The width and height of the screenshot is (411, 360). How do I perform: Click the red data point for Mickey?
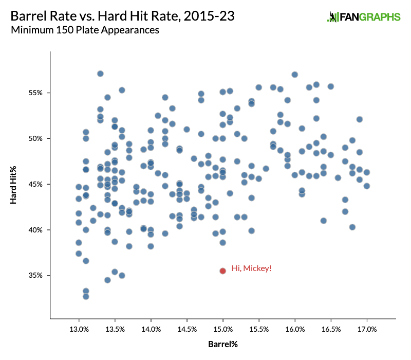[x=222, y=271]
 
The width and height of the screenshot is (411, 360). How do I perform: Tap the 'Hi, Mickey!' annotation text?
[x=251, y=268]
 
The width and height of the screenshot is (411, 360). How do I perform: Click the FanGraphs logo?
[x=364, y=17]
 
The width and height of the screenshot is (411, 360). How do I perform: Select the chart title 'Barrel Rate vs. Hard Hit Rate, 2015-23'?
[x=123, y=16]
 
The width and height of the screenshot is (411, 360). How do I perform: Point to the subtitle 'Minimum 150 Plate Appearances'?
[x=85, y=30]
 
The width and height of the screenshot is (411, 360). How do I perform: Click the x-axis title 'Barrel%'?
[x=222, y=343]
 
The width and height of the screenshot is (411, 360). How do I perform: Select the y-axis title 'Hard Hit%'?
[x=15, y=185]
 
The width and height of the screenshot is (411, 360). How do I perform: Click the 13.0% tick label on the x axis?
[x=79, y=328]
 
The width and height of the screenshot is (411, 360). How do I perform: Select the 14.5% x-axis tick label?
[x=186, y=328]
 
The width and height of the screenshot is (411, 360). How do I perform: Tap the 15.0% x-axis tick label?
[x=222, y=328]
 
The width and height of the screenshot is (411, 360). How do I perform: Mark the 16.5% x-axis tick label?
[x=331, y=328]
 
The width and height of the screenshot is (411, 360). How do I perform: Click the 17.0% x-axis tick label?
[x=367, y=328]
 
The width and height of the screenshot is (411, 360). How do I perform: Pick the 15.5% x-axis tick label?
[x=258, y=328]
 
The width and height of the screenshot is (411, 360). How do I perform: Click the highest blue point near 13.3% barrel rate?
[x=100, y=74]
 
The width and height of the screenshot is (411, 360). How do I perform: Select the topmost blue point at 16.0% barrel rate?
[x=295, y=74]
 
